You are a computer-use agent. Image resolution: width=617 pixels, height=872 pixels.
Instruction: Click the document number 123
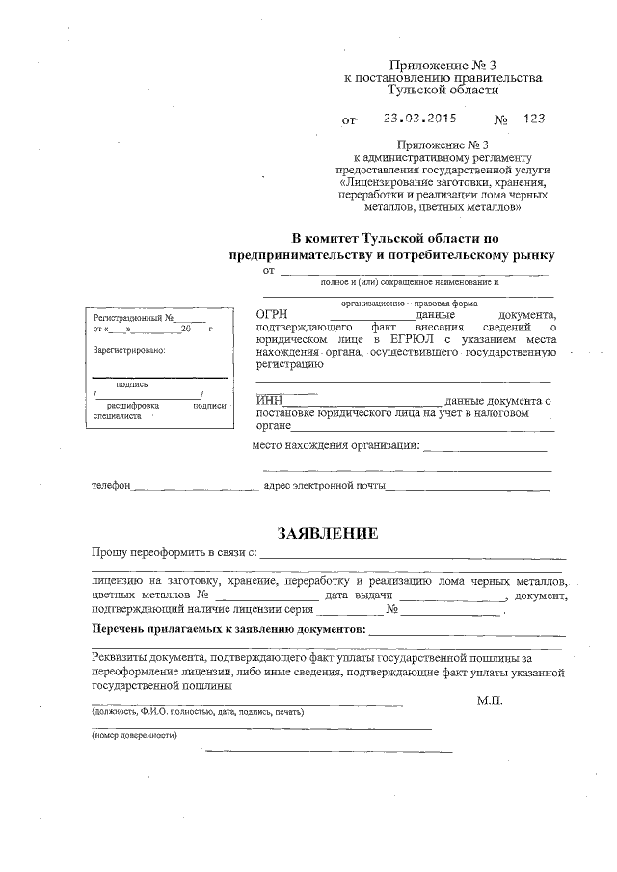534,119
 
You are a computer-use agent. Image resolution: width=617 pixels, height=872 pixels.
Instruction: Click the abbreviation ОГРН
272,315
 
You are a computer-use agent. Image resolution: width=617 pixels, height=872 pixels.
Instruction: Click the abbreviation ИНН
270,400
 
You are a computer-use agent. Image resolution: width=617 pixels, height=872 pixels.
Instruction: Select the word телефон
111,486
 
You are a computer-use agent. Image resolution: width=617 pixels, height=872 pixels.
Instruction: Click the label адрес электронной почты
324,486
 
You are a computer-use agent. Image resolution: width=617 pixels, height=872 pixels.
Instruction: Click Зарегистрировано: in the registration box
129,350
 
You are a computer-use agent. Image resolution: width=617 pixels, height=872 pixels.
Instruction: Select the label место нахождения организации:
335,445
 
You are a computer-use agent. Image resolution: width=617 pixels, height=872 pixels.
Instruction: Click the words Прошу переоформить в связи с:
174,554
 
